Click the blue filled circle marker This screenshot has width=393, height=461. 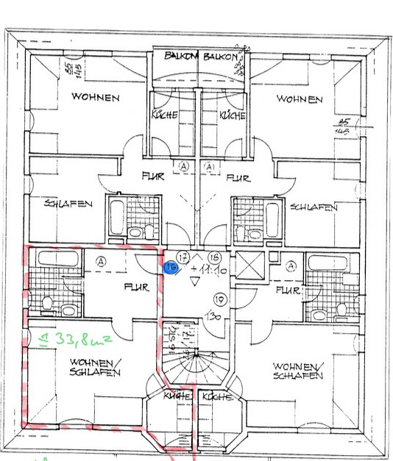[x=169, y=268]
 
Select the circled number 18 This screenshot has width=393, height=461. [x=215, y=257]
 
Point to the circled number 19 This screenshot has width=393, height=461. [x=219, y=299]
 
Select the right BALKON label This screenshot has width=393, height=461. [x=221, y=56]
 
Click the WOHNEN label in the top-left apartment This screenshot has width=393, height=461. [x=96, y=96]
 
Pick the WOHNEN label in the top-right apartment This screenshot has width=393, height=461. [x=300, y=99]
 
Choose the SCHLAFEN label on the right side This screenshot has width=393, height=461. [x=314, y=207]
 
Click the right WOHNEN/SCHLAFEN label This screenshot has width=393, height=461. [x=298, y=371]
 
